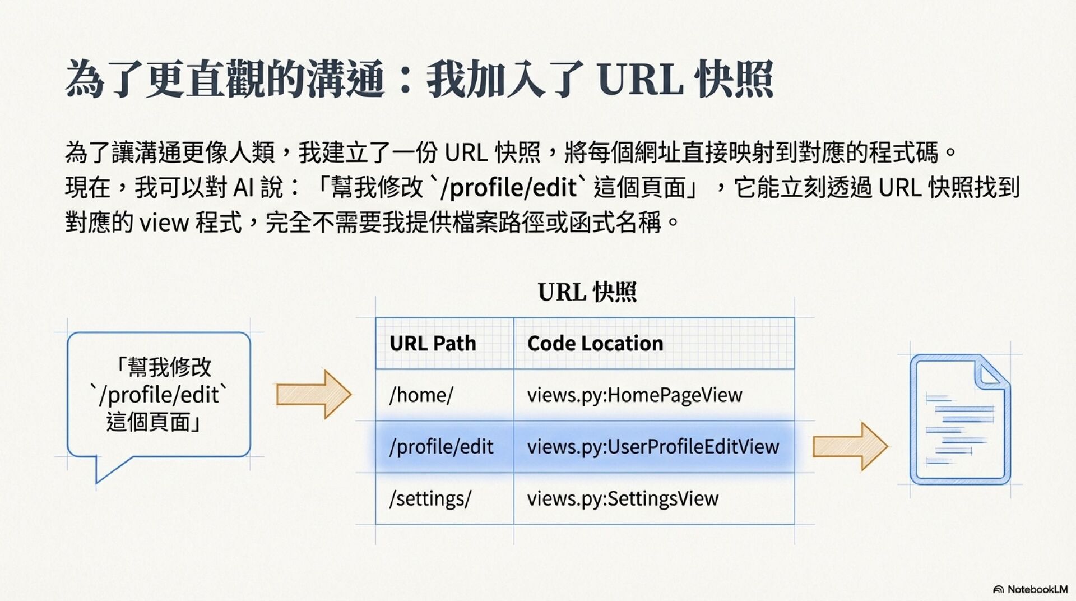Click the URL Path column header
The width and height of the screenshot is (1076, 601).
coord(433,343)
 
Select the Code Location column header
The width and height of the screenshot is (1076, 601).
coord(595,343)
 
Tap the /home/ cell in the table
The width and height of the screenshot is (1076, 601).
coord(421,395)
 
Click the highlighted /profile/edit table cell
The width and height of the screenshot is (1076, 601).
coord(442,447)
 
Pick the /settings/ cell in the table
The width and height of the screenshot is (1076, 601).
coord(430,498)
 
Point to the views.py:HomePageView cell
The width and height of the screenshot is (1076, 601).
coord(634,395)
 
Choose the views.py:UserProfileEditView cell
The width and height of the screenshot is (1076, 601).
coord(653,447)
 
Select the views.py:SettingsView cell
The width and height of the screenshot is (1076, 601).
coord(623,498)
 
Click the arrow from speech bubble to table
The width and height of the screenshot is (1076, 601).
coord(313,394)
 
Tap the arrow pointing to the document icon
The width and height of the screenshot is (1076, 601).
coord(850,446)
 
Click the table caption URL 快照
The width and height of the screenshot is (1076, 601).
coord(587,292)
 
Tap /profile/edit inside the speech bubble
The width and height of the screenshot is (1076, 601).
coord(159,395)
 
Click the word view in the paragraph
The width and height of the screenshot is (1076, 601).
coord(164,223)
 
